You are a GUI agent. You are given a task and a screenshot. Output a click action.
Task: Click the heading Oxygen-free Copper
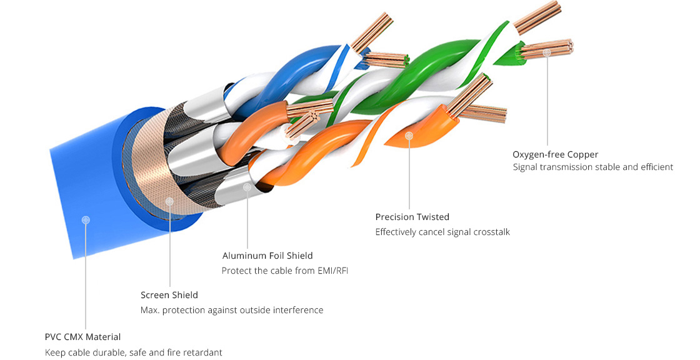pos(555,154)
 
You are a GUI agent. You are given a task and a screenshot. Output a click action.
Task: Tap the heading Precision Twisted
pos(412,217)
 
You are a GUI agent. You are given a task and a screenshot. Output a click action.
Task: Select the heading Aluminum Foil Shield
pos(267,256)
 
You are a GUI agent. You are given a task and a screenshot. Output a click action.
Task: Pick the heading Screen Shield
pos(169,295)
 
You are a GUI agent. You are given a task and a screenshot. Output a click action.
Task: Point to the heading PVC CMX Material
pos(82,337)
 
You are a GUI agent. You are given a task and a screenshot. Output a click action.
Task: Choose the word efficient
pos(657,167)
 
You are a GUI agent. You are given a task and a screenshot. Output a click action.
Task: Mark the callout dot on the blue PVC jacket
pos(86,220)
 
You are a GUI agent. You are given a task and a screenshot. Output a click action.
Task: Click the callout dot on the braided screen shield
pos(169,201)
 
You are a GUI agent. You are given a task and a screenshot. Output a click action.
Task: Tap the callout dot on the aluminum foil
pos(247,187)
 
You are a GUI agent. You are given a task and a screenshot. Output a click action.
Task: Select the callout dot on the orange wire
pos(409,135)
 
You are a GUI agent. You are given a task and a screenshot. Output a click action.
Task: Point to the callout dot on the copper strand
pos(547,52)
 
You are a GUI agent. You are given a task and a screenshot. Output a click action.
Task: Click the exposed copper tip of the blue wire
pos(372,31)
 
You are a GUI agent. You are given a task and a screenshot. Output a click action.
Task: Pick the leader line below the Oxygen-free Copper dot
pos(547,101)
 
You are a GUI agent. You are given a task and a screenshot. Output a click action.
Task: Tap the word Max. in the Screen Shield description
pos(149,310)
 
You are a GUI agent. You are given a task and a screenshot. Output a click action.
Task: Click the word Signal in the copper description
pos(525,167)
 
